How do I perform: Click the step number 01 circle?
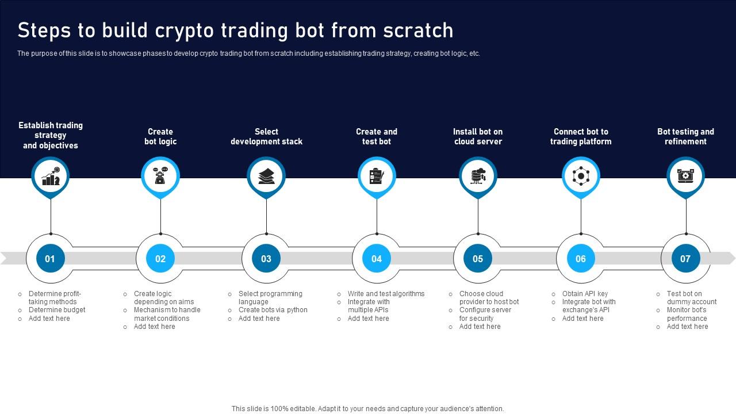coord(50,259)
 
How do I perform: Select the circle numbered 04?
coord(377,259)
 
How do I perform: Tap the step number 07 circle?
coord(685,259)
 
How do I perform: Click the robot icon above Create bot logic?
coord(160,176)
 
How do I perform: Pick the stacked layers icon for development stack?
coord(266,176)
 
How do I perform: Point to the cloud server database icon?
coord(478,176)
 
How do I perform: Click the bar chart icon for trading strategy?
coord(51,176)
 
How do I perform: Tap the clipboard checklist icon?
coord(377,176)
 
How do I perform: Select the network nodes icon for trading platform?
coord(581,176)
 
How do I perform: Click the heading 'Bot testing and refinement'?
coord(685,137)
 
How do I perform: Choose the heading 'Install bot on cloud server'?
coord(478,137)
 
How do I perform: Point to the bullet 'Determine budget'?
coord(57,310)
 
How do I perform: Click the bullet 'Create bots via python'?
coord(273,310)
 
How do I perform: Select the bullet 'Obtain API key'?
coord(585,294)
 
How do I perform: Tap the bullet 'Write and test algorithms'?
coord(386,294)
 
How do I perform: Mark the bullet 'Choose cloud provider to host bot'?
coord(489,298)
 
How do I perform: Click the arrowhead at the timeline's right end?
coord(730,258)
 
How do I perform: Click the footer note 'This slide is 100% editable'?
coord(367,409)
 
